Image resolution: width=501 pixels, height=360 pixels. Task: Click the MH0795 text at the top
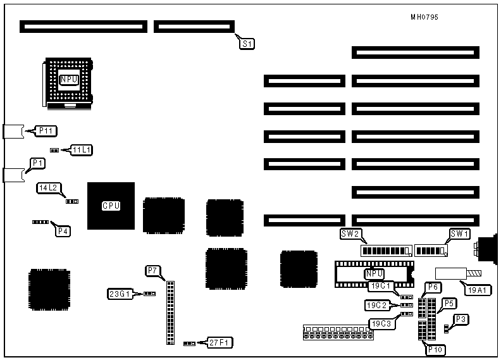(x=424, y=17)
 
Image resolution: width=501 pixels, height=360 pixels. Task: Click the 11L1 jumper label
(x=82, y=150)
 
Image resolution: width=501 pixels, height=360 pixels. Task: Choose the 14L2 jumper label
(x=49, y=188)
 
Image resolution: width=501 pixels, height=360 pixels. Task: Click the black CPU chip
(x=111, y=206)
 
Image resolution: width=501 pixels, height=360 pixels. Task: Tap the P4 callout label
(x=63, y=231)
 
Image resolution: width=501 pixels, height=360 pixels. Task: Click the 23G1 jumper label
(x=120, y=294)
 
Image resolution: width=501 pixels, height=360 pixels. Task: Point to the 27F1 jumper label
(x=221, y=342)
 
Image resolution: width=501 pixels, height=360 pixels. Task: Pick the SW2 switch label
(x=350, y=234)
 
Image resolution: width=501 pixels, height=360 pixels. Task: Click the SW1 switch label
(x=459, y=234)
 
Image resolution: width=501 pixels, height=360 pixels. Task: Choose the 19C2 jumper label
(x=376, y=305)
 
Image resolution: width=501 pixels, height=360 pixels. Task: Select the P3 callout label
(x=462, y=320)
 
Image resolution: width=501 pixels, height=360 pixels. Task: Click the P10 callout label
(x=436, y=349)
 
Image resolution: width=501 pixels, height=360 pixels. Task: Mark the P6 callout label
(x=433, y=288)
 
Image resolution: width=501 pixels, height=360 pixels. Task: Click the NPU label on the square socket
(x=69, y=80)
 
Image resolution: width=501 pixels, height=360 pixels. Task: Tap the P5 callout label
(x=448, y=303)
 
